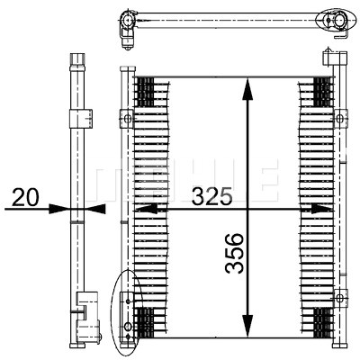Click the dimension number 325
pyautogui.click(x=212, y=196)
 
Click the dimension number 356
pyautogui.click(x=234, y=254)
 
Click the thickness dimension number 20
pyautogui.click(x=25, y=197)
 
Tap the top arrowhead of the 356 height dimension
pyautogui.click(x=247, y=88)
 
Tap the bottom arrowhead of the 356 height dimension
pyautogui.click(x=247, y=326)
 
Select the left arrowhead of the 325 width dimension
pyautogui.click(x=147, y=209)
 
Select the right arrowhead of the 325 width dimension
pyautogui.click(x=321, y=209)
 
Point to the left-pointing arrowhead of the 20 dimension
pyautogui.click(x=95, y=209)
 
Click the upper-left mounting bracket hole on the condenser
pyautogui.click(x=127, y=119)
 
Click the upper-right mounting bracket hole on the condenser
pyautogui.click(x=340, y=119)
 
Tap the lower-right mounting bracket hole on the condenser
pyautogui.click(x=340, y=298)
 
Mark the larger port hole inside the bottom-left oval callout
pyautogui.click(x=128, y=326)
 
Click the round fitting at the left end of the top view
pyautogui.click(x=127, y=21)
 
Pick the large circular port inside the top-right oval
pyautogui.click(x=340, y=21)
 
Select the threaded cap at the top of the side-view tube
pyautogui.click(x=77, y=59)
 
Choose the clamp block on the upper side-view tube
pyautogui.click(x=81, y=119)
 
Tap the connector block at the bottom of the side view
pyautogui.click(x=88, y=319)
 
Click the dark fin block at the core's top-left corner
pyautogui.click(x=145, y=92)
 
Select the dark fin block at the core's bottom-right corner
pyautogui.click(x=323, y=323)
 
